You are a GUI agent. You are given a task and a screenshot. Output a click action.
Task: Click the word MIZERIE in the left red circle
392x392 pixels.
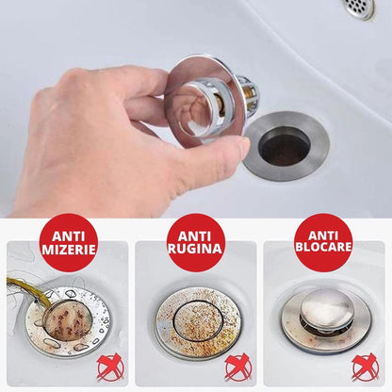(68, 249)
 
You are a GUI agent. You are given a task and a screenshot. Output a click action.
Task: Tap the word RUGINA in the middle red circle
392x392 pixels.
(195, 249)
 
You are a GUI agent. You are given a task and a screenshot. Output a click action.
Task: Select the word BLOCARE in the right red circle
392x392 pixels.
(323, 249)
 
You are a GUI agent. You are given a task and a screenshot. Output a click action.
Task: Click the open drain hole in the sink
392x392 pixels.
(284, 146)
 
